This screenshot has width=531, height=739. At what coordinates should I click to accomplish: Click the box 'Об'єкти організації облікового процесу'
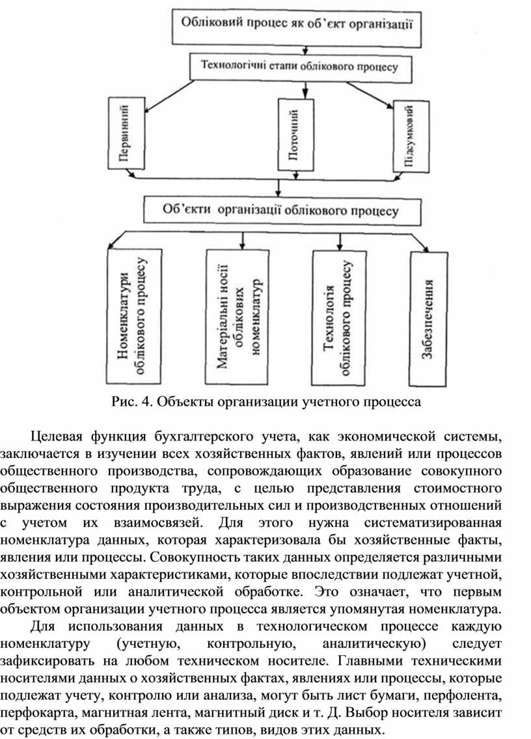coord(280,210)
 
